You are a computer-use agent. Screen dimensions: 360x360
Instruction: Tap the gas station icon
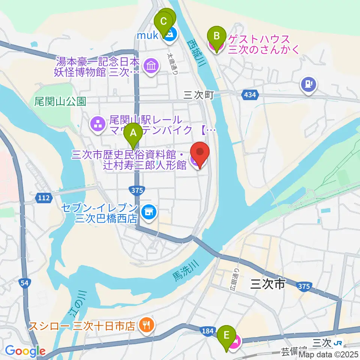pyautogui.click(x=309, y=84)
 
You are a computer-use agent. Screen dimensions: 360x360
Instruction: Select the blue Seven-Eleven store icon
pyautogui.click(x=149, y=212)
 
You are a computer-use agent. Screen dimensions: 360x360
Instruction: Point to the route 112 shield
pyautogui.click(x=44, y=198)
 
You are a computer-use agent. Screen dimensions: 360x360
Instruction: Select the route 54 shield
pyautogui.click(x=25, y=284)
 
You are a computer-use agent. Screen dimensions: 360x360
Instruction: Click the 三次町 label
pyautogui.click(x=198, y=95)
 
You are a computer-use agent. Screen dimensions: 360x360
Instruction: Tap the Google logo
pyautogui.click(x=25, y=351)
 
